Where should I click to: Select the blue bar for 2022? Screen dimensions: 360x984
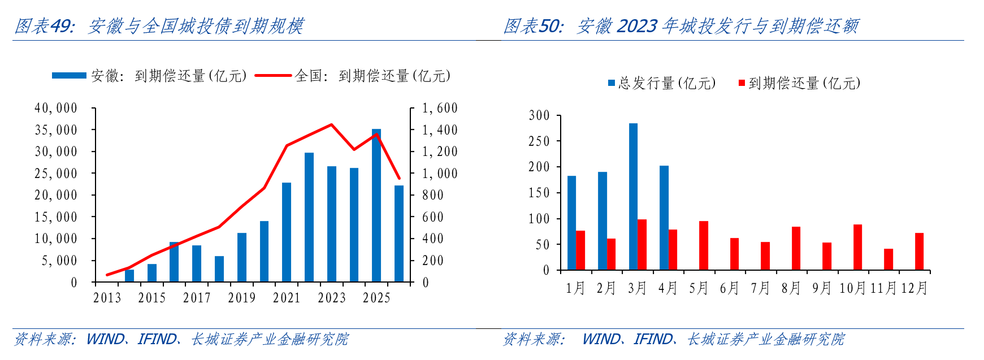[309, 217]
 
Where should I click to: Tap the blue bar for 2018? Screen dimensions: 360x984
[219, 269]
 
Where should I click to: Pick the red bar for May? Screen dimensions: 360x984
[704, 245]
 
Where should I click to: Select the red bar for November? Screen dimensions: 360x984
[888, 259]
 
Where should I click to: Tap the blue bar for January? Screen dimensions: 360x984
[571, 223]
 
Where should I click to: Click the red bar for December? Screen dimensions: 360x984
[919, 251]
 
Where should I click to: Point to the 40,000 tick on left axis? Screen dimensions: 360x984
[56, 108]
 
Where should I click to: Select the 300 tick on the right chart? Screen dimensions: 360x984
[539, 116]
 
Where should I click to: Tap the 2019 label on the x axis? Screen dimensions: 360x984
[242, 298]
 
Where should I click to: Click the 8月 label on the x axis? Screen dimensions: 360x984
[791, 289]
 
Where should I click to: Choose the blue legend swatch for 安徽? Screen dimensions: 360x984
[69, 75]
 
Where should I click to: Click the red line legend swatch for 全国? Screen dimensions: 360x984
[273, 75]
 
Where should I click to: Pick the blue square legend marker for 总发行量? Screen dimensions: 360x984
[612, 83]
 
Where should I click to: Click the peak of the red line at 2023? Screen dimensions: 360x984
[331, 124]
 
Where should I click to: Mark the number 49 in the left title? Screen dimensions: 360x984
[62, 26]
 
